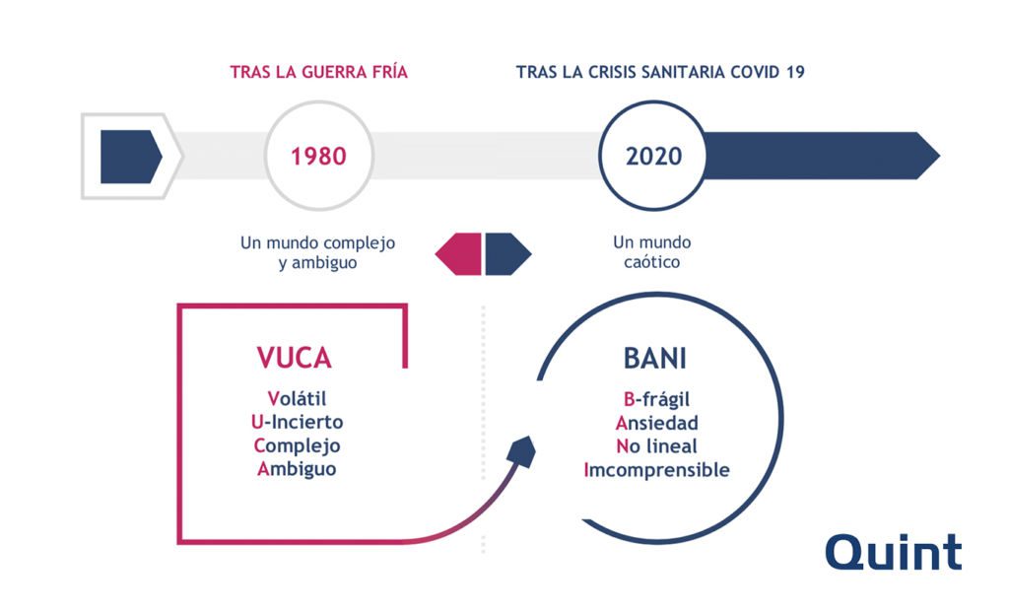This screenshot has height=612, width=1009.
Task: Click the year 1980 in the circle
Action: pos(318,157)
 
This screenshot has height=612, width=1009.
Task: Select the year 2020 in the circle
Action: pos(654,157)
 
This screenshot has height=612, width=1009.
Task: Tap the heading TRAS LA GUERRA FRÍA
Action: pos(319,71)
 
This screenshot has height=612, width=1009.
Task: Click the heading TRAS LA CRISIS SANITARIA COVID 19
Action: pos(660,71)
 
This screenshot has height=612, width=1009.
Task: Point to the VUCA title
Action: pos(294,358)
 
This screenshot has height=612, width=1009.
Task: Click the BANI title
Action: pos(655,358)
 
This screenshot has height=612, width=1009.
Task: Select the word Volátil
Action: pos(297,398)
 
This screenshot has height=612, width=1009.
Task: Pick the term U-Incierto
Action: pos(297,422)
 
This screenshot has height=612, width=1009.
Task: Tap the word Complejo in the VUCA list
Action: pos(297,446)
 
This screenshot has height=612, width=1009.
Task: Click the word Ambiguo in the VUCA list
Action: pos(297,469)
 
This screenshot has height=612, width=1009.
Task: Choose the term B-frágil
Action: pos(656,400)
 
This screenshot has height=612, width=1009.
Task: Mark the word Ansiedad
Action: pos(656,423)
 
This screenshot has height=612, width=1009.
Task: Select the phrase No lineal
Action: pos(656,446)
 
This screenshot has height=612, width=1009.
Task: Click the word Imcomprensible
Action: pos(656,470)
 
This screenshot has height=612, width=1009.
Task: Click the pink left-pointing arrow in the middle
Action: pos(458,254)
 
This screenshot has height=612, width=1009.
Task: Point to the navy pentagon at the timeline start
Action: pos(131,157)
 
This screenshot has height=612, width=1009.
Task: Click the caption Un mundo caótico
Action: pos(652,252)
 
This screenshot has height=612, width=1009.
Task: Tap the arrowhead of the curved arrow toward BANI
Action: pos(522,451)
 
